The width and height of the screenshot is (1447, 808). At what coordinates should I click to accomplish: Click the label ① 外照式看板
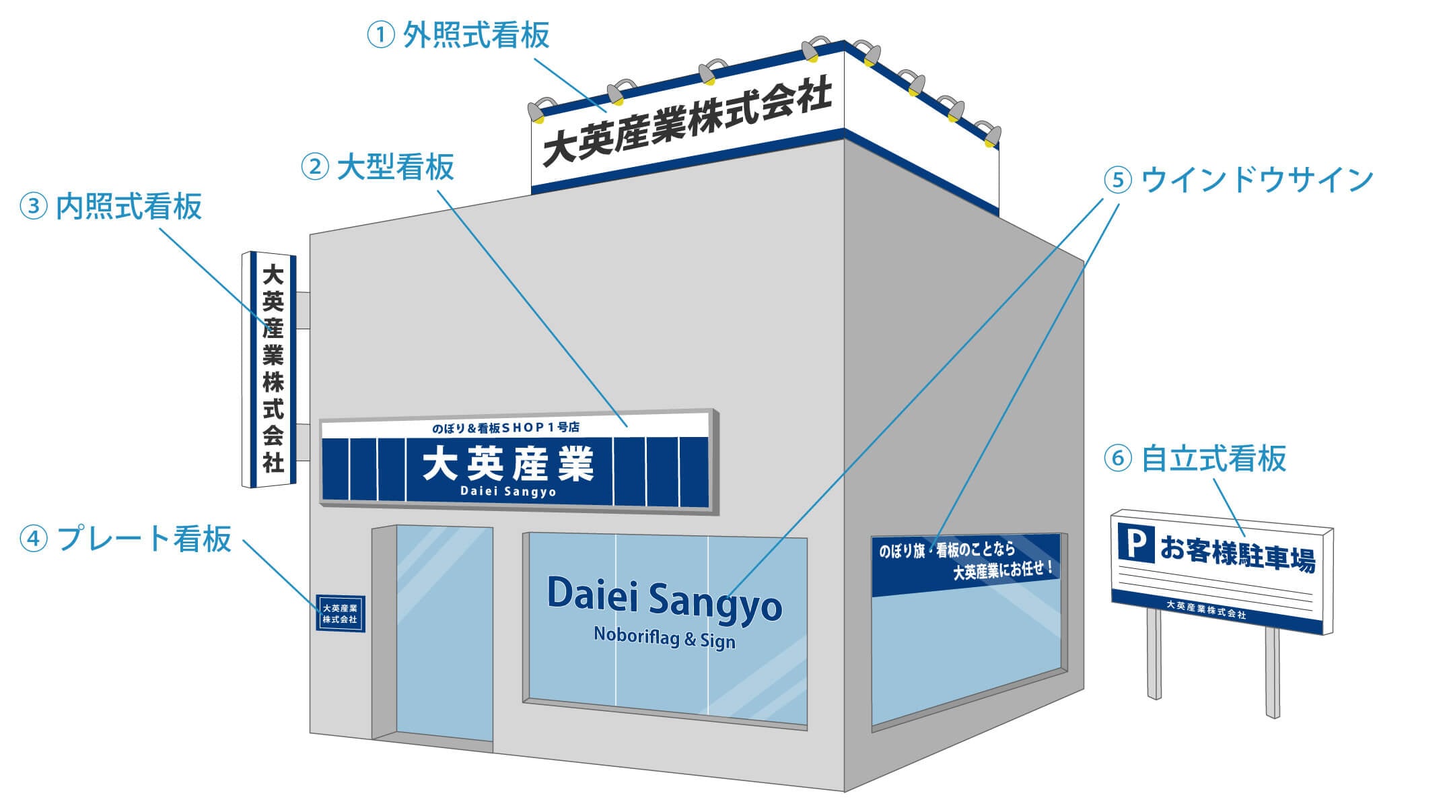pyautogui.click(x=458, y=35)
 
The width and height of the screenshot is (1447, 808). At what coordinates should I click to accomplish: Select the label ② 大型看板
pyautogui.click(x=378, y=167)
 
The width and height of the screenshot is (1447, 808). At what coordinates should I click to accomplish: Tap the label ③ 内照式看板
pyautogui.click(x=111, y=207)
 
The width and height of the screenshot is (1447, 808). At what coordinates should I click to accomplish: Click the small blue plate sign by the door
pyautogui.click(x=341, y=613)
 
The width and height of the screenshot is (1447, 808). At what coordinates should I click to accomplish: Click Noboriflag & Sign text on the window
pyautogui.click(x=664, y=636)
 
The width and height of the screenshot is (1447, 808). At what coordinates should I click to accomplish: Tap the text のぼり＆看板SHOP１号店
pyautogui.click(x=505, y=428)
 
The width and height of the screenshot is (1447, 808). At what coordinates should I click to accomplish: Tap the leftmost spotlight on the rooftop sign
pyautogui.click(x=538, y=111)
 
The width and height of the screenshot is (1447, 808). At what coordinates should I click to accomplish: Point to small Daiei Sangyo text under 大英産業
pyautogui.click(x=508, y=492)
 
